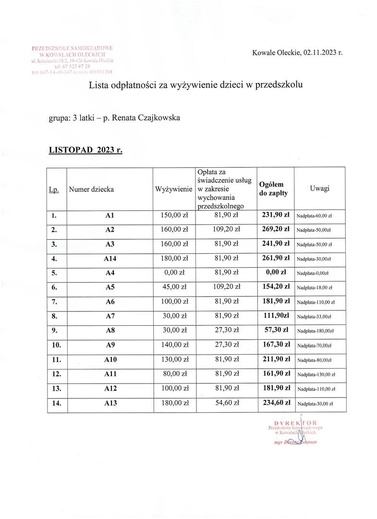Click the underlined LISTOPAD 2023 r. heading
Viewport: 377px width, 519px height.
[85, 150]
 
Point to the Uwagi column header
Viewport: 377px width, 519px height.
[319, 189]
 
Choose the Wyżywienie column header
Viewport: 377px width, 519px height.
[173, 189]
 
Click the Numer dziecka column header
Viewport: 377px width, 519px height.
[91, 189]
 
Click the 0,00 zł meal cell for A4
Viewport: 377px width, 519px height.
[173, 272]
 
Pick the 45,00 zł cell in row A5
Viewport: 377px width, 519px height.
[173, 287]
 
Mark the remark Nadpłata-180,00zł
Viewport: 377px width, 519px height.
[315, 332]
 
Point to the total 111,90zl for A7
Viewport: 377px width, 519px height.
[274, 316]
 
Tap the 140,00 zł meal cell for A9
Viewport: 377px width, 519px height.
[173, 345]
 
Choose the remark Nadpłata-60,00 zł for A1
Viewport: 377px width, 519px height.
[315, 216]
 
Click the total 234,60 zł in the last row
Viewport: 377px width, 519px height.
[274, 403]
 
